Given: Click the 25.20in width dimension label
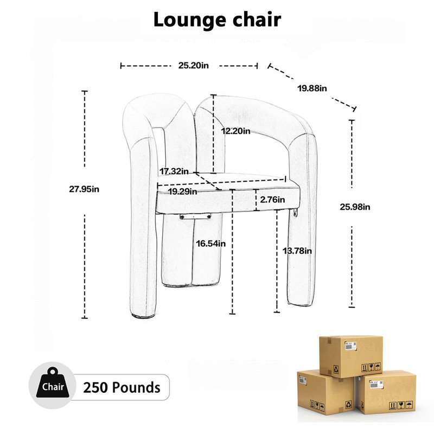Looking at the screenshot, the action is [194, 66].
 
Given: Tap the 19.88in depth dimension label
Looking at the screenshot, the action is [312, 88].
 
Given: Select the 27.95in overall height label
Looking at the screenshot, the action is [84, 189].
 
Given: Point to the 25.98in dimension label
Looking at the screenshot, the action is [355, 207].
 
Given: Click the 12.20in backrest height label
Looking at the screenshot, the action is [235, 131].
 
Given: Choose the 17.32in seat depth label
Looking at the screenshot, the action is [174, 171].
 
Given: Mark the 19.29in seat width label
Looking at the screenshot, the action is [183, 192].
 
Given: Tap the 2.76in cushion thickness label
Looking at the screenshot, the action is [272, 200].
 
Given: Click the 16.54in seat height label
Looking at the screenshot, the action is [211, 244].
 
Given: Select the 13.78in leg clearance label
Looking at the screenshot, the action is [297, 251].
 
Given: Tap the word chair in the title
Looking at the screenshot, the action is [257, 20].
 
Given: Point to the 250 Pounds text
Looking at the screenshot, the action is [122, 387].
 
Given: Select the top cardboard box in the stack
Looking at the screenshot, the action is [351, 356].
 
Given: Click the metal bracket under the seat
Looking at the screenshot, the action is [195, 216].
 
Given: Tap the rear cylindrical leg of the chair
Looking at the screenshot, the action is [192, 251].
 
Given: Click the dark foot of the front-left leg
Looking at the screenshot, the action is [143, 316].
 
